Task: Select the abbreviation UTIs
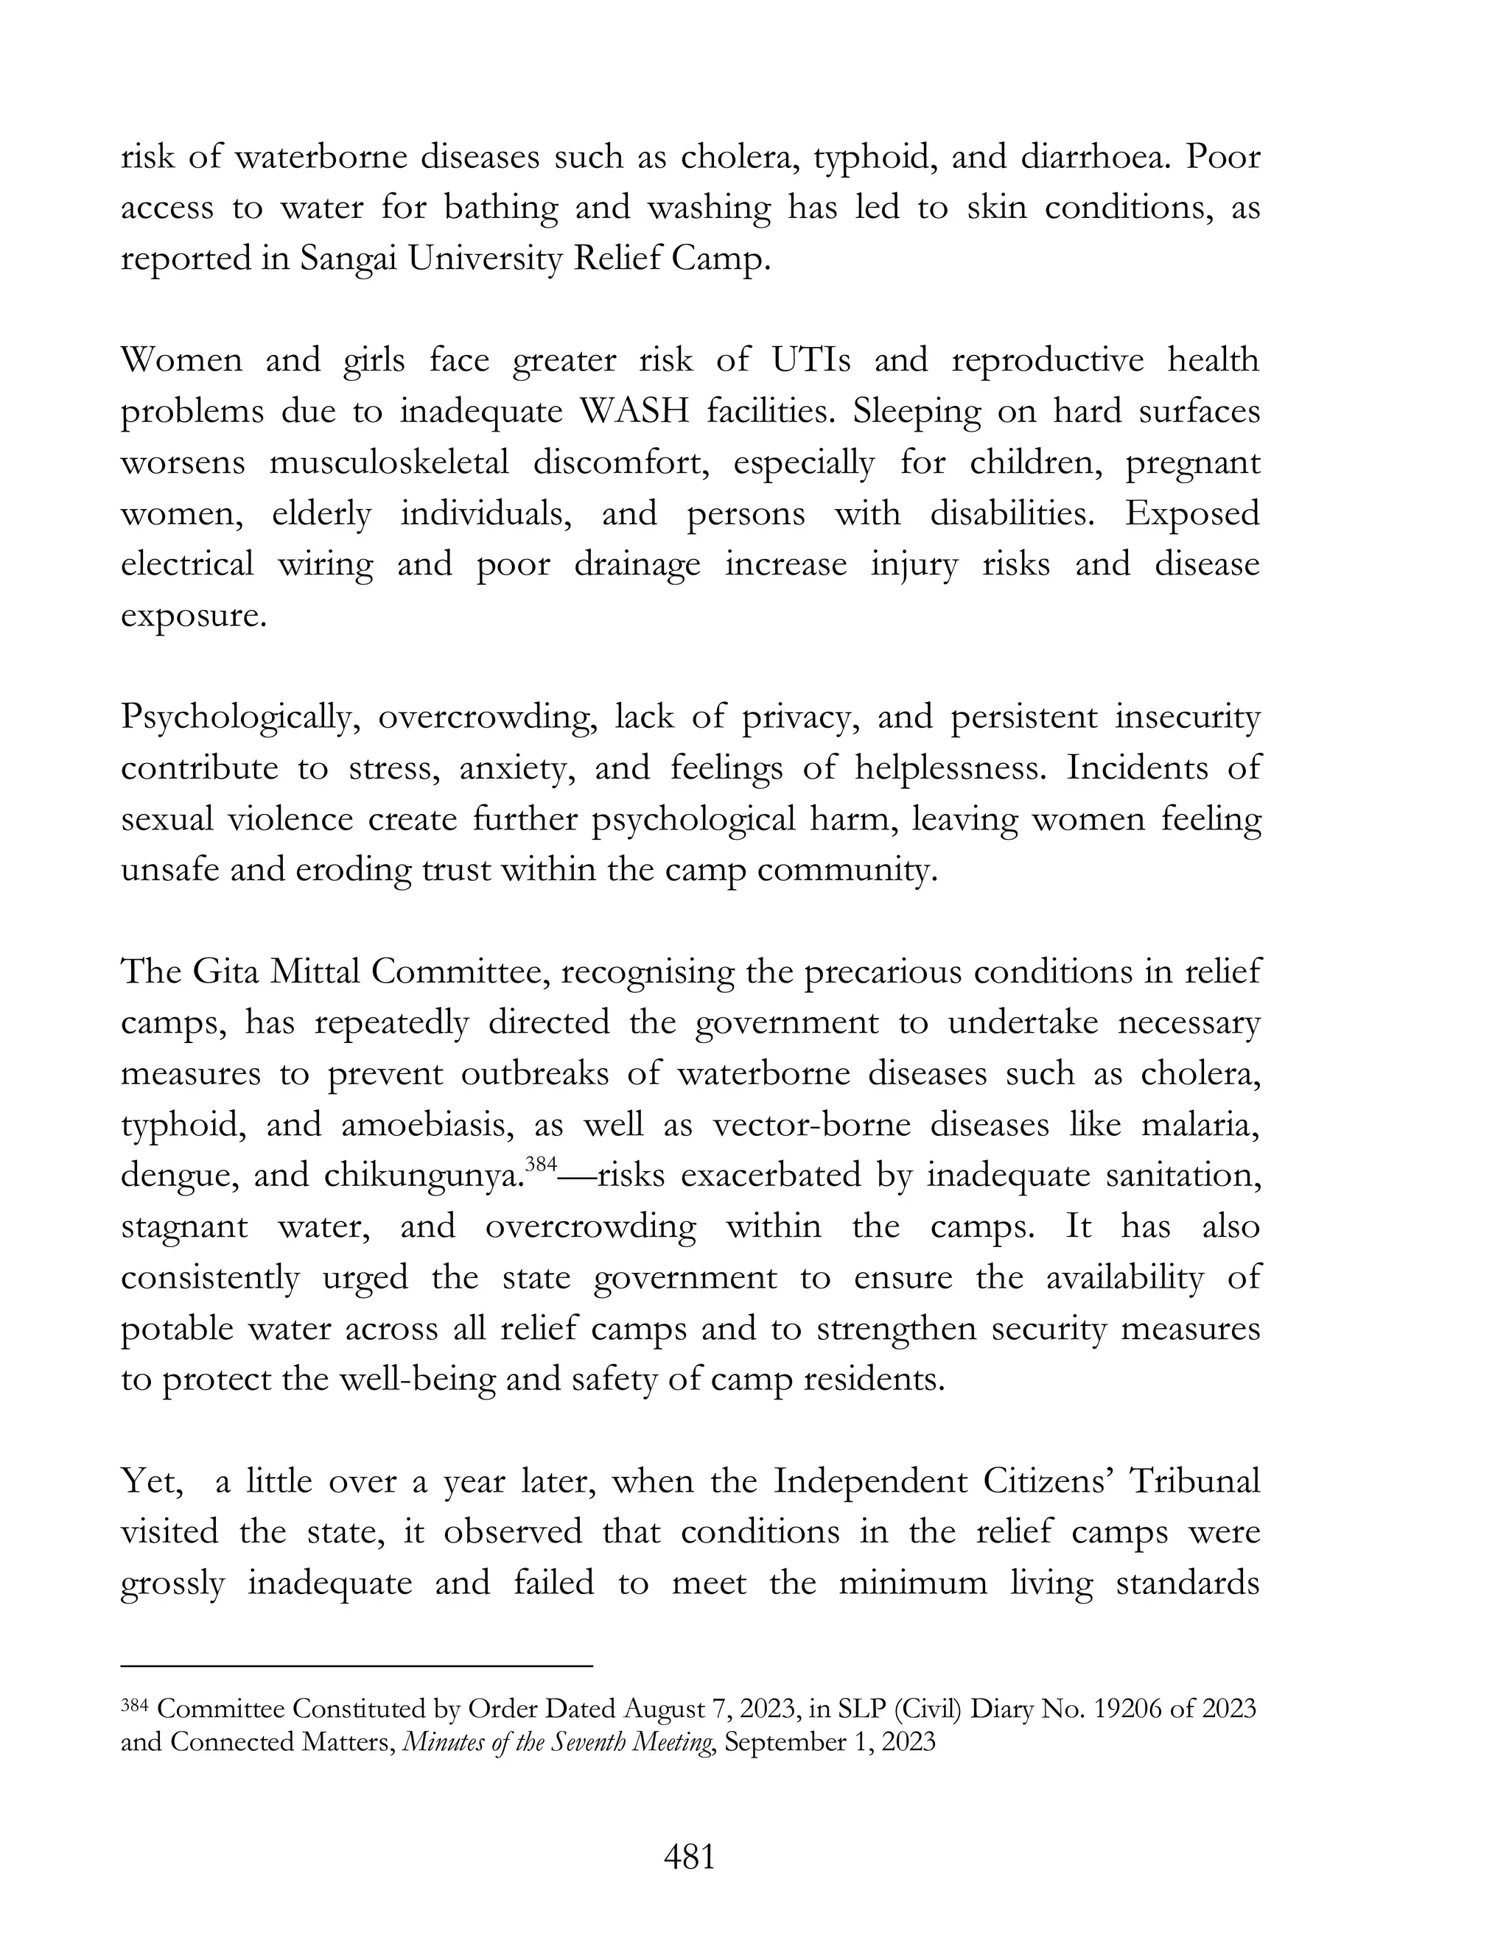tap(810, 360)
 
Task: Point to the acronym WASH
tap(634, 412)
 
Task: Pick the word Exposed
tap(1191, 514)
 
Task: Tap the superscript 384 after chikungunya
tap(541, 1165)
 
